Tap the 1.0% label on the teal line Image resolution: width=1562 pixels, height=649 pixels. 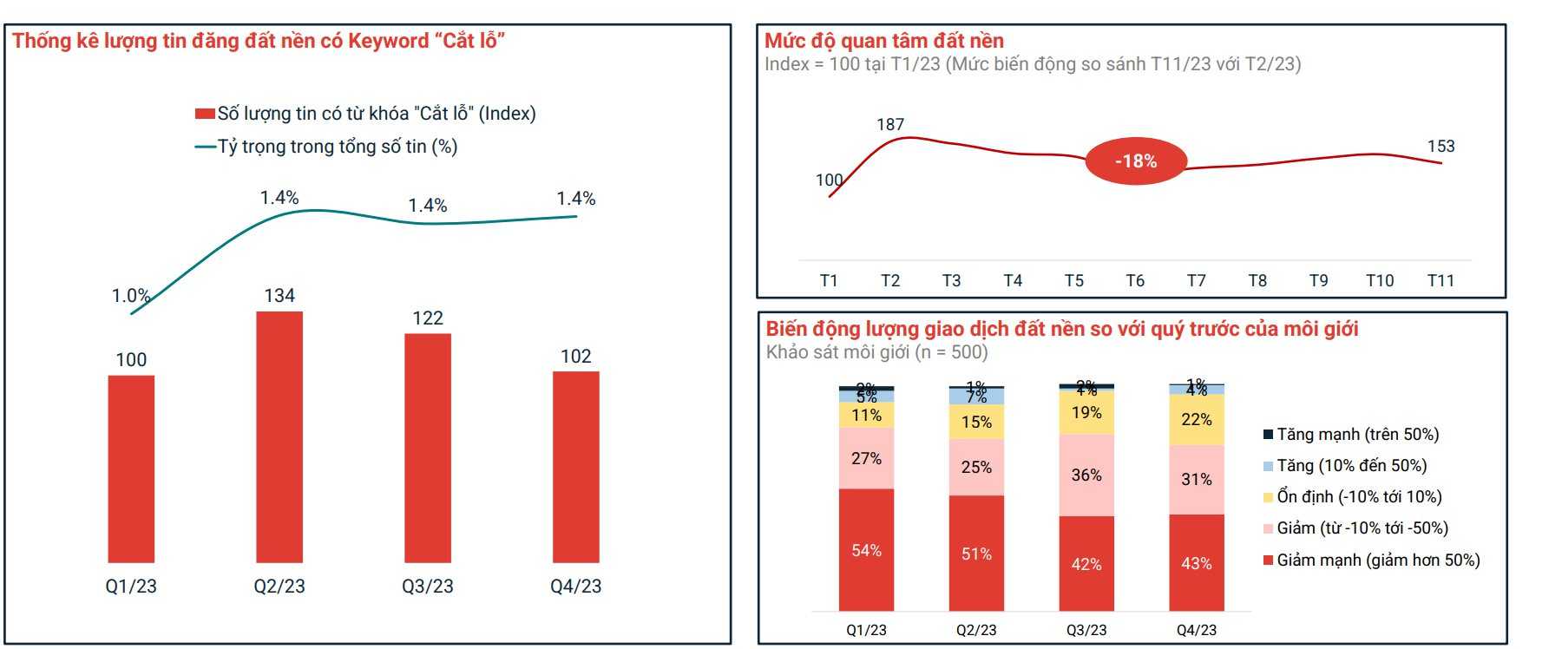pos(131,296)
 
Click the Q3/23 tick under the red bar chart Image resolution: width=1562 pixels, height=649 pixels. pos(427,587)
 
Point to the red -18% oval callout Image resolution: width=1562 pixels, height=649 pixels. pos(1135,161)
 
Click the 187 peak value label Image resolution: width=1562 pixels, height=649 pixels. pos(890,125)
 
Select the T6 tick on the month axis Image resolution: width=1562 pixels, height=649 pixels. pos(1135,281)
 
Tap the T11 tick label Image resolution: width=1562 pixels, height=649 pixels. pos(1441,281)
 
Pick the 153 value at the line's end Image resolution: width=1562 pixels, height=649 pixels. pos(1441,147)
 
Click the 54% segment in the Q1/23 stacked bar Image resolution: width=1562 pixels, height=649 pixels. pos(866,550)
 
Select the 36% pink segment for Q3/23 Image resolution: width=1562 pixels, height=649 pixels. pos(1086,475)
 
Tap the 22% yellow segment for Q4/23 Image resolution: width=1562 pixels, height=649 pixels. pos(1197,420)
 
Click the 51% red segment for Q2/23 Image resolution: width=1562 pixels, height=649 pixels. pos(976,554)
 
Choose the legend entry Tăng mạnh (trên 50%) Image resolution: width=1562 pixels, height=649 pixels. pos(1357,435)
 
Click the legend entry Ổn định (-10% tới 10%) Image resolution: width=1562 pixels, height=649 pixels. pos(1359,497)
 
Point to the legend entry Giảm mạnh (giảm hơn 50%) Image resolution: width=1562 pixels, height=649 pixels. pos(1378,560)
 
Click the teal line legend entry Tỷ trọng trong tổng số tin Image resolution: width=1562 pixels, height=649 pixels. pos(337,147)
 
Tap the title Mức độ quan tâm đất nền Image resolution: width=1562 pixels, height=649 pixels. pos(883,41)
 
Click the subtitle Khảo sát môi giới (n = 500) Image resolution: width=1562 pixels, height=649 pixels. pos(876,352)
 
